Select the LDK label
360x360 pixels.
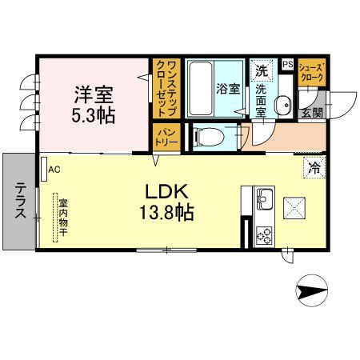(166, 191)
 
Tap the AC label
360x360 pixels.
(54, 170)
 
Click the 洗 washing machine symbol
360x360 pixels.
(261, 70)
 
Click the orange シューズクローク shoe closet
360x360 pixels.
(312, 73)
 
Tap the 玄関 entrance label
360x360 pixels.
(311, 111)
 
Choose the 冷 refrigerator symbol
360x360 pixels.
(314, 170)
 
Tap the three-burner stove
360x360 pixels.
(263, 233)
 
